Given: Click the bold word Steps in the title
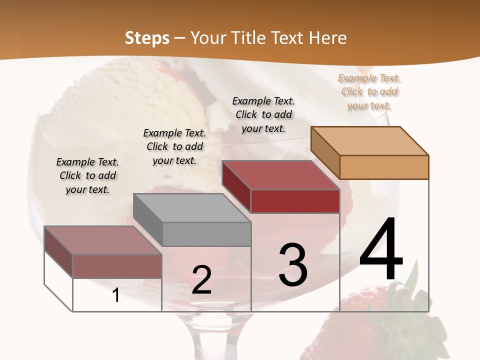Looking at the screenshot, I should (147, 38).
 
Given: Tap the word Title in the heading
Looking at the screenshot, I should (250, 38).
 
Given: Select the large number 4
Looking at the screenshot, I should (381, 250).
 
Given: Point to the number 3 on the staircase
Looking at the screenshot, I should (293, 265).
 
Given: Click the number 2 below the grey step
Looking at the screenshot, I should (201, 280).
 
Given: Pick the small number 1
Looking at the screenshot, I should (116, 295).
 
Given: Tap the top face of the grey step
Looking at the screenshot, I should (192, 207).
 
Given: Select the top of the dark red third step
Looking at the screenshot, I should (280, 175).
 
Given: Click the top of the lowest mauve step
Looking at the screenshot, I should (103, 240).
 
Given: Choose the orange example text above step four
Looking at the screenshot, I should (369, 91).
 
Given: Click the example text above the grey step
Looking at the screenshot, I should (174, 146).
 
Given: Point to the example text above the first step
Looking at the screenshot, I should (87, 175).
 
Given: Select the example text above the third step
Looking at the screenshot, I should (263, 114).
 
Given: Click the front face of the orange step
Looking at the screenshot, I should (384, 167).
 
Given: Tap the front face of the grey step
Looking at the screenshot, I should (207, 234).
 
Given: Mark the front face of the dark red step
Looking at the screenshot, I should (295, 201).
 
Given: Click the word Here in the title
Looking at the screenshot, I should (328, 38).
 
